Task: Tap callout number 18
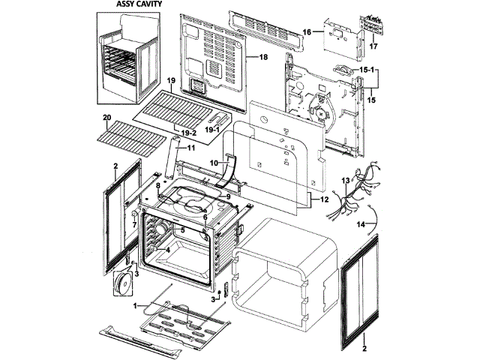(263, 57)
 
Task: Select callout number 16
(307, 31)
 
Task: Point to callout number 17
(370, 46)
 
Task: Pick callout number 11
(190, 148)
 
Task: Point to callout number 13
(346, 181)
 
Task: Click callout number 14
(360, 223)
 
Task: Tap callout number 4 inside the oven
(168, 249)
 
